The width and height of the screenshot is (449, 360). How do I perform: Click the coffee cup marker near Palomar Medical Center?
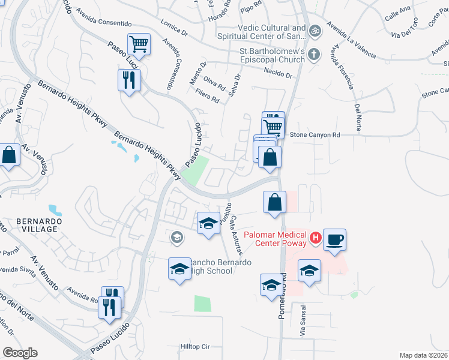[x=334, y=239]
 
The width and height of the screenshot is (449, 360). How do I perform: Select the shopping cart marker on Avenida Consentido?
[x=139, y=44]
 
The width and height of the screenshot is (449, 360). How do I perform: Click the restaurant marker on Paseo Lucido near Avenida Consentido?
[x=129, y=80]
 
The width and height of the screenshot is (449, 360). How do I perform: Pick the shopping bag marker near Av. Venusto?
[x=9, y=155]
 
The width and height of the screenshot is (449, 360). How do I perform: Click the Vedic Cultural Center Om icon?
[x=314, y=29]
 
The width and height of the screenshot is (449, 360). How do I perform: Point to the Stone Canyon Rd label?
[x=315, y=135]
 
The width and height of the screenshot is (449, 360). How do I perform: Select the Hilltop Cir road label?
[x=195, y=347]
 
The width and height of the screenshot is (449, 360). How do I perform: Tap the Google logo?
[x=20, y=353]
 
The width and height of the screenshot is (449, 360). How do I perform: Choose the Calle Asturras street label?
[x=236, y=235]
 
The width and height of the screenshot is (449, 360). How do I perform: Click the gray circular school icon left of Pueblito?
[x=176, y=238]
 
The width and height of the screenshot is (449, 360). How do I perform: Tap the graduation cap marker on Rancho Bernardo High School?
[x=179, y=268]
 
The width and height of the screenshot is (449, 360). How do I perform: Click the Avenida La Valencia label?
[x=351, y=41]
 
